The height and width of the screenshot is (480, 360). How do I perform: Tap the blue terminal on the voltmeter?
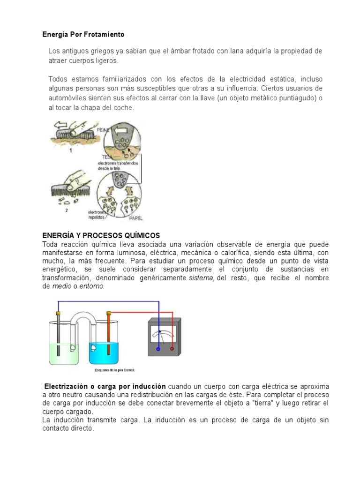click(158, 349)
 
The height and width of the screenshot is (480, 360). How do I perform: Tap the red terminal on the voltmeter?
click(172, 349)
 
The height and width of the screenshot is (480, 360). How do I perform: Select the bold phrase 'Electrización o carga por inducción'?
click(105, 386)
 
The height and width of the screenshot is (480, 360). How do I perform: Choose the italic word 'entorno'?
click(91, 286)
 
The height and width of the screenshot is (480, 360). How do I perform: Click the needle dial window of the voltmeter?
click(160, 335)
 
